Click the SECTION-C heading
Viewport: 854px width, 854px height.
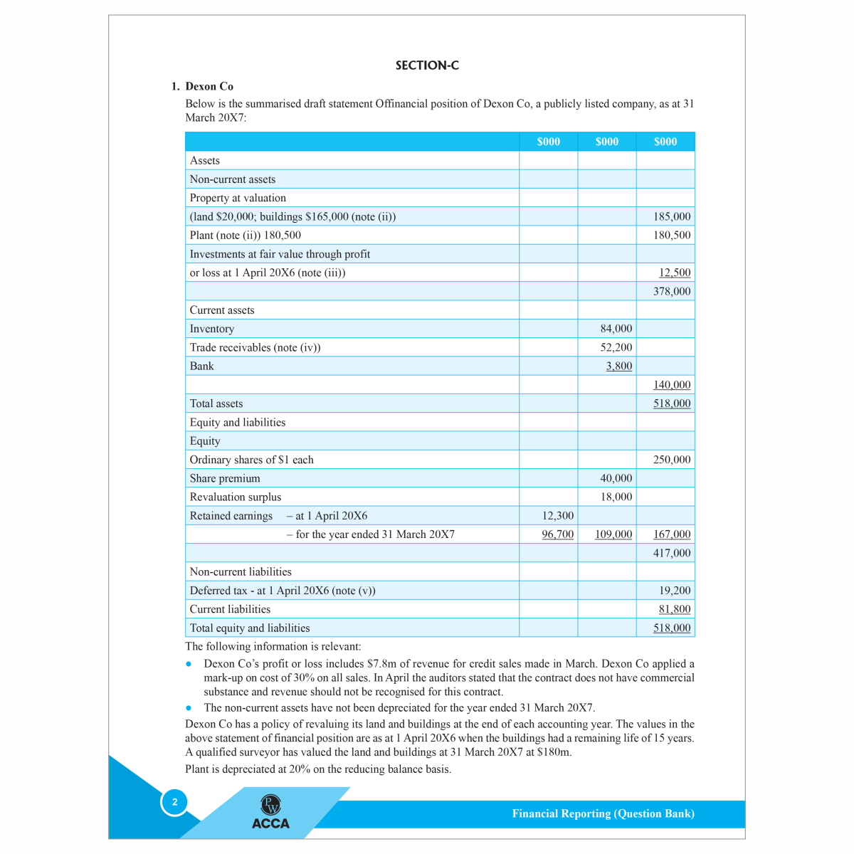coord(427,65)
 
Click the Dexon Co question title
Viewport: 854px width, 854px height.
coord(209,86)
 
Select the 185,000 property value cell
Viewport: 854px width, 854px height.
coord(672,216)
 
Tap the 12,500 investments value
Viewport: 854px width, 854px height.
coord(675,273)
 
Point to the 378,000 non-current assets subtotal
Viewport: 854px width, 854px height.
coord(672,291)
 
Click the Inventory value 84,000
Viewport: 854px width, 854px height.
coord(616,329)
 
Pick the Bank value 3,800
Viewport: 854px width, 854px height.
coord(618,366)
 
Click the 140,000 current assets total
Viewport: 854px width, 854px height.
coord(672,385)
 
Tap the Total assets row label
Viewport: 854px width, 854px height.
coord(216,404)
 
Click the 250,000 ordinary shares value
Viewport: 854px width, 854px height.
coord(672,460)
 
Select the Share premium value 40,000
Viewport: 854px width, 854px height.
coord(616,478)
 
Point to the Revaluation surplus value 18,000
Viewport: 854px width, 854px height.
coord(616,497)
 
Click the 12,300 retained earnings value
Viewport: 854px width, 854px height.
coord(557,516)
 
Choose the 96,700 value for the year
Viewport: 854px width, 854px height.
coord(557,534)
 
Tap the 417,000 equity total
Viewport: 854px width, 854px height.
coord(672,553)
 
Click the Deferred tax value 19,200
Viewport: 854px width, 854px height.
coord(675,591)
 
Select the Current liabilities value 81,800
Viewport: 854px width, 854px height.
coord(675,609)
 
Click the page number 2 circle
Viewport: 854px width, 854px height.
coord(174,802)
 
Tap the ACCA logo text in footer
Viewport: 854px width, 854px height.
coord(270,823)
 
